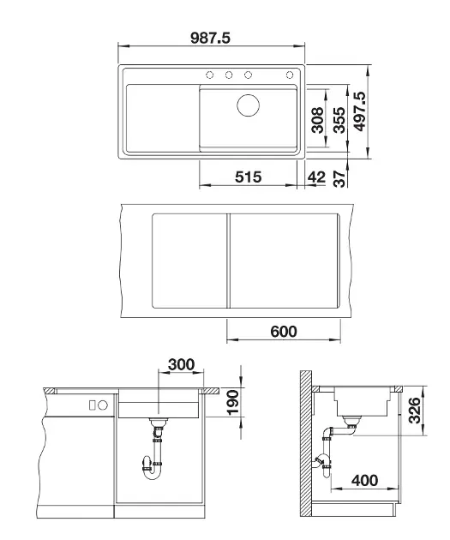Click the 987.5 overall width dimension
pos(210,38)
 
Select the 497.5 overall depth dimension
pos(359,111)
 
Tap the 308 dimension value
pos(317,120)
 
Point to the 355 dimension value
pos(339,120)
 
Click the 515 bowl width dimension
pos(249,177)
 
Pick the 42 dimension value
pos(316,177)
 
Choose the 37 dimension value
pos(339,179)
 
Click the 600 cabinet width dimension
pos(284,332)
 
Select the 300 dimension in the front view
pos(182,364)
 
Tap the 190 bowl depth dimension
pos(233,402)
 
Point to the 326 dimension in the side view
pos(414,410)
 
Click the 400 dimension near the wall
pos(364,480)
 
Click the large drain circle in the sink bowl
pos(249,105)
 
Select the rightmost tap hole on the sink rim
pos(290,75)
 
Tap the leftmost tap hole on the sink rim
pos(209,75)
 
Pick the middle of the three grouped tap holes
pos(229,75)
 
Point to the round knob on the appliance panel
pos(103,405)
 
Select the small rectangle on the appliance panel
pos(93,405)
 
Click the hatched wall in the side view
pos(306,444)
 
